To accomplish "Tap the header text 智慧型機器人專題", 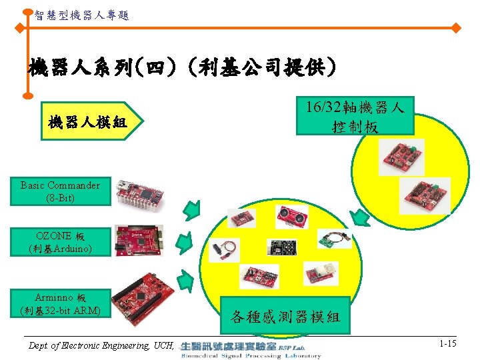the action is click(81, 14).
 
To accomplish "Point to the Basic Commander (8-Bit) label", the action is click(60, 191).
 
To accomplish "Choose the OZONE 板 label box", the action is click(60, 242).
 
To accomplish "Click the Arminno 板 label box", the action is click(60, 303).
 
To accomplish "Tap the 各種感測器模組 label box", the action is click(285, 315).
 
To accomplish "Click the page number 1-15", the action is click(447, 343).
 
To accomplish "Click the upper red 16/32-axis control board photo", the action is click(401, 154).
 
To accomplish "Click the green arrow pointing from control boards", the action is click(361, 217).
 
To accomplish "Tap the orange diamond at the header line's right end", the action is click(456, 29).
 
